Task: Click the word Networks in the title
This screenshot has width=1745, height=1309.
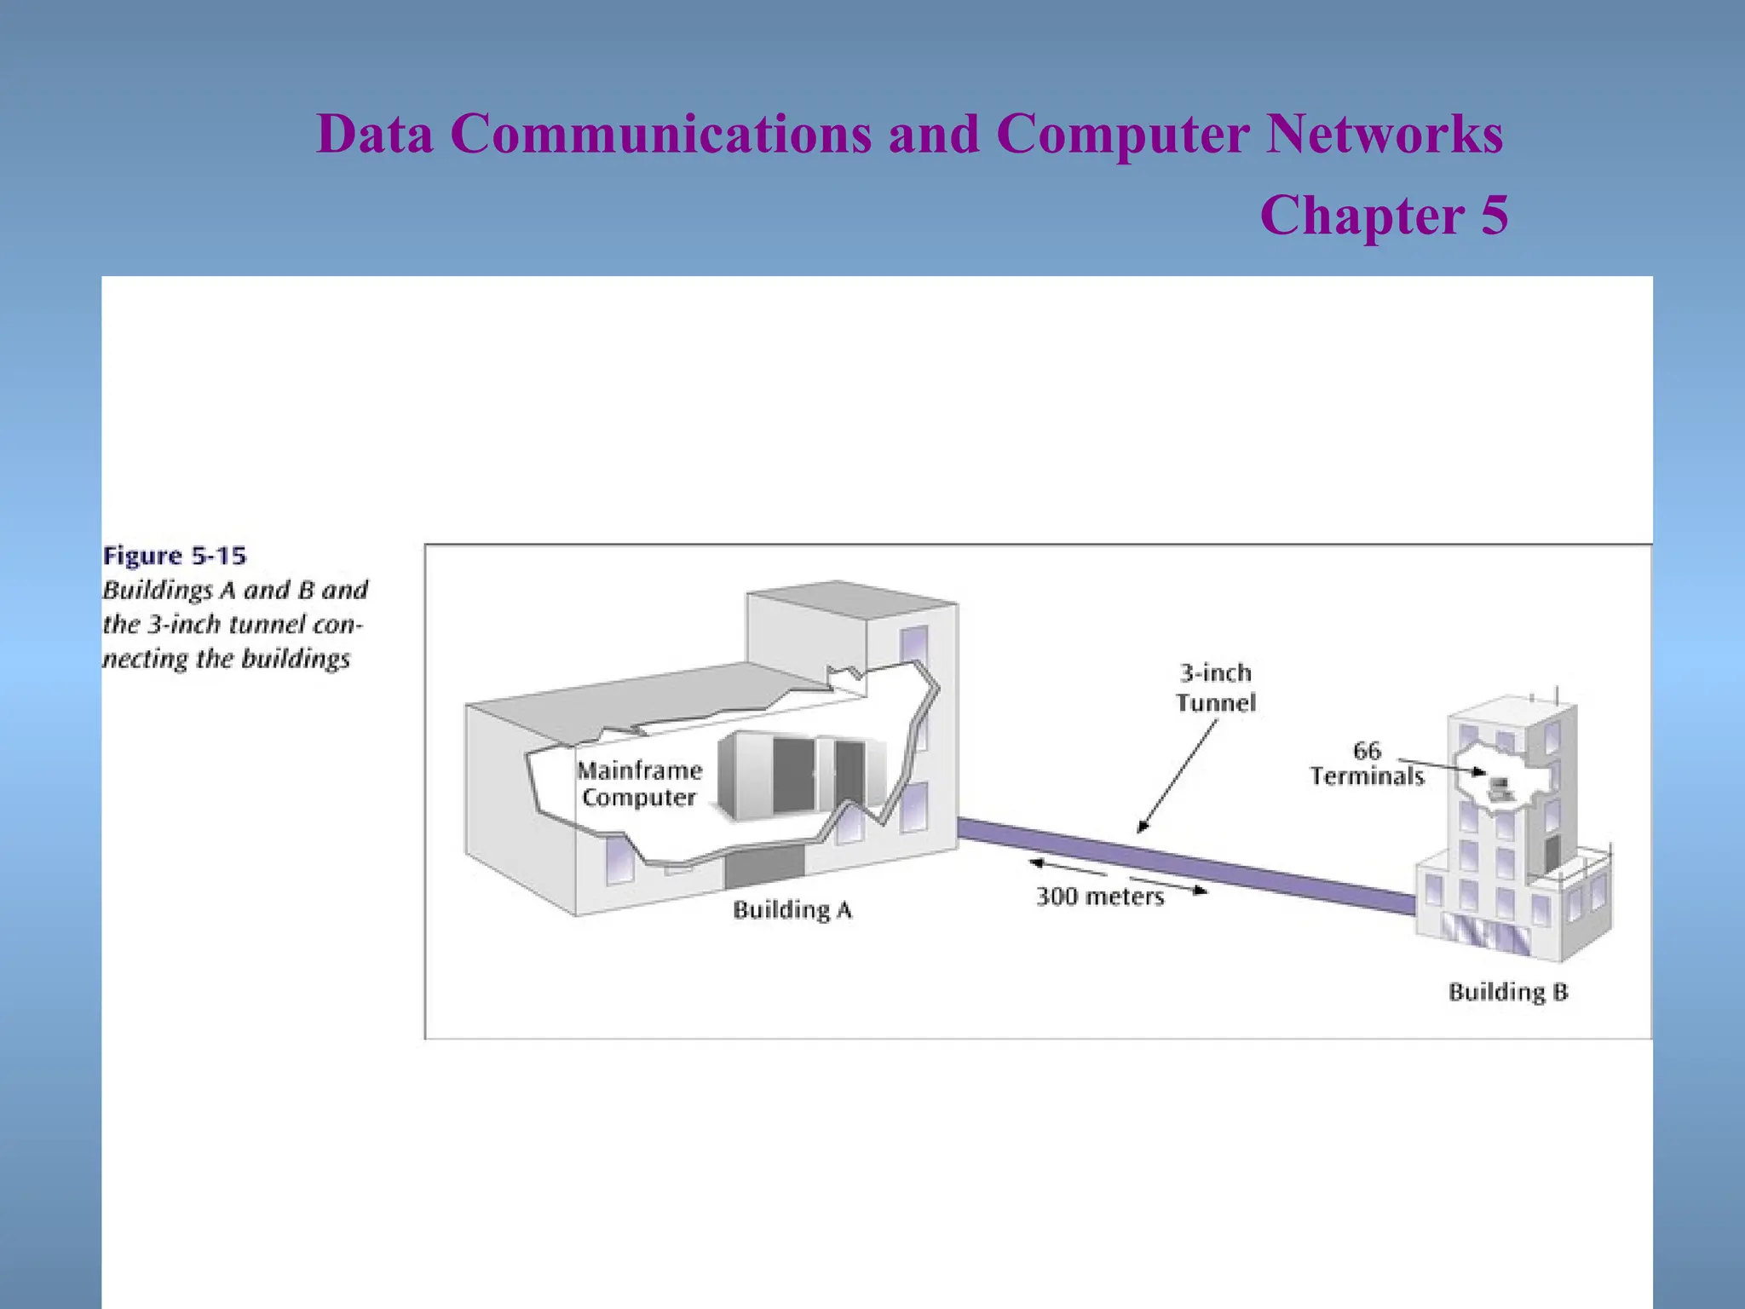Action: [x=1384, y=134]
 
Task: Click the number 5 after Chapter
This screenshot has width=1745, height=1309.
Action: [x=1494, y=215]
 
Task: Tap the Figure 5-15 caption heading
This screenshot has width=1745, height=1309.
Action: [x=175, y=556]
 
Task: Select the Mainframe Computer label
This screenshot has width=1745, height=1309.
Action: [x=639, y=784]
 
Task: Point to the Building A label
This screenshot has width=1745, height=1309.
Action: [x=792, y=910]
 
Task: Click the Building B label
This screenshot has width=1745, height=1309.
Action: [x=1508, y=992]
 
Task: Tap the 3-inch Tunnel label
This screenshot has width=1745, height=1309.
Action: [x=1216, y=688]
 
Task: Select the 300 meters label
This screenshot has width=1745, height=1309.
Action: [x=1100, y=897]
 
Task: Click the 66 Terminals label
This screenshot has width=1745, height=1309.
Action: [x=1367, y=764]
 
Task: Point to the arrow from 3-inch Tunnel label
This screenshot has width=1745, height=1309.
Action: [x=1178, y=776]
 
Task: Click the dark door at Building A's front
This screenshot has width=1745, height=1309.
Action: [x=764, y=866]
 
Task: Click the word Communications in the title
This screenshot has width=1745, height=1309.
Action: [x=660, y=134]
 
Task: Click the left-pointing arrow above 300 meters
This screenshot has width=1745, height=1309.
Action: [x=1065, y=868]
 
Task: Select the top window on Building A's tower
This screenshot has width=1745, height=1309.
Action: [x=914, y=644]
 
